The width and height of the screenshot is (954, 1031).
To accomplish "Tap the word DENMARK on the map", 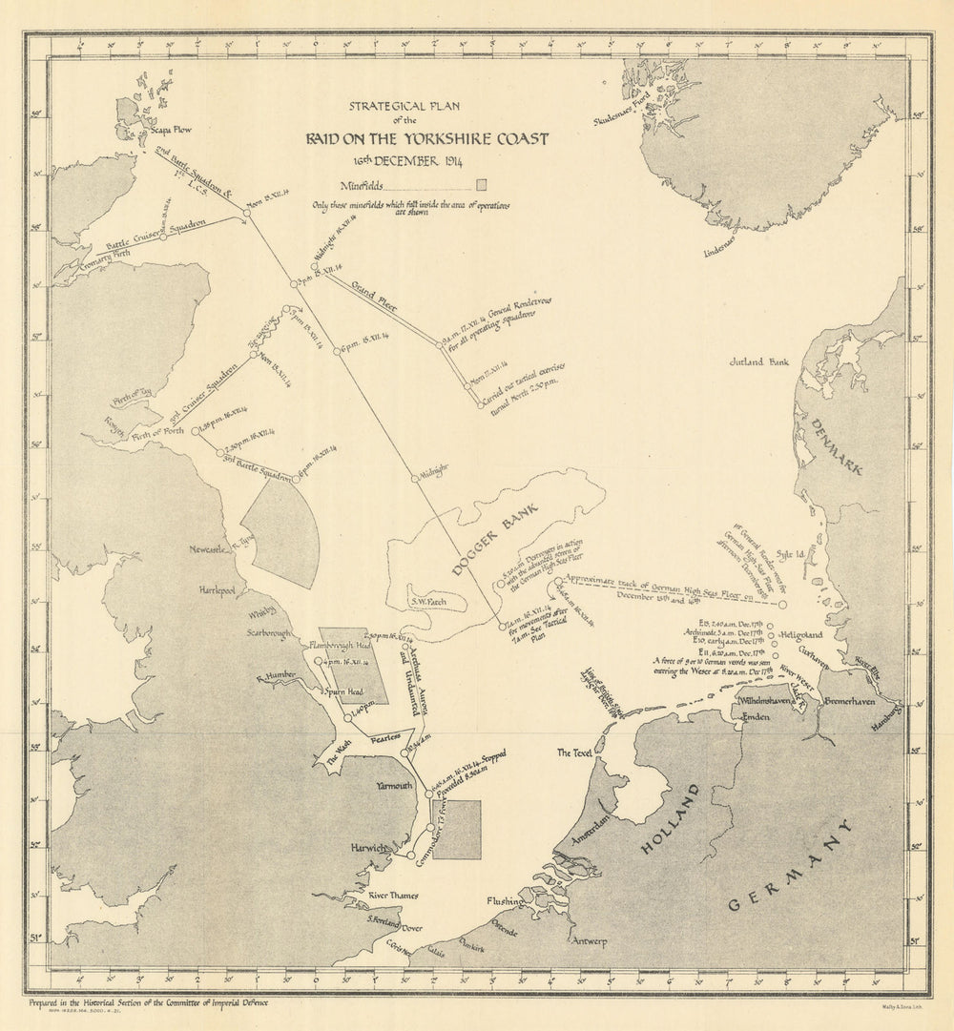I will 831,443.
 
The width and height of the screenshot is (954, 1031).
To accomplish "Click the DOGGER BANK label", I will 494,539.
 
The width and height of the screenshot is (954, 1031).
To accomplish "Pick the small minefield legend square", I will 483,184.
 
